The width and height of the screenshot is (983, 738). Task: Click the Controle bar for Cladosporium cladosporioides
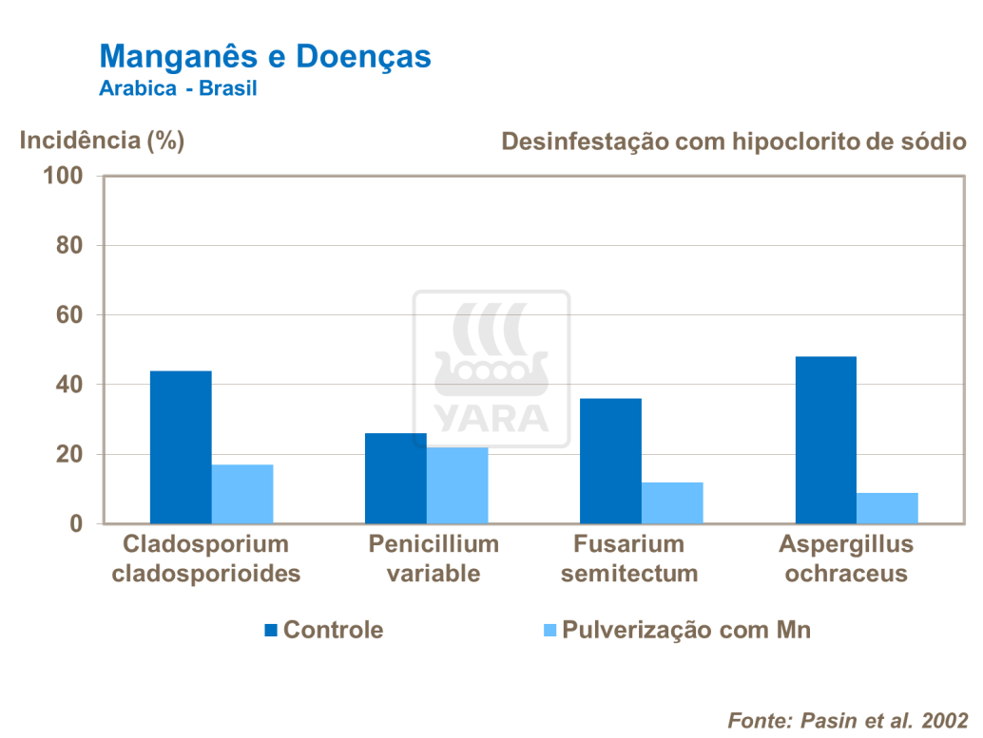click(181, 447)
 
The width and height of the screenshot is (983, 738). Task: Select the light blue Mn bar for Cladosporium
click(242, 494)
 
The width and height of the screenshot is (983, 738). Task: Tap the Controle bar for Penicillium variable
click(395, 479)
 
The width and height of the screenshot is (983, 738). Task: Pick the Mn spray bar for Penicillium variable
click(457, 485)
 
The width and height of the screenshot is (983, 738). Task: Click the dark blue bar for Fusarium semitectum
click(610, 461)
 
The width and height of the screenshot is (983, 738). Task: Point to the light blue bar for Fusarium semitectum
click(672, 503)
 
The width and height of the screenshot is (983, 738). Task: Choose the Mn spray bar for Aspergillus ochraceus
click(887, 508)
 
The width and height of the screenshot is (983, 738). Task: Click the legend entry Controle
click(323, 630)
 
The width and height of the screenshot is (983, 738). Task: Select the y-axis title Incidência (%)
click(103, 141)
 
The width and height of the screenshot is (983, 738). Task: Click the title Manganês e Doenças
click(265, 56)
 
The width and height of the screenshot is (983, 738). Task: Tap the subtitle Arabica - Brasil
click(178, 88)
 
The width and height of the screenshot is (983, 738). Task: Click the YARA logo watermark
click(491, 369)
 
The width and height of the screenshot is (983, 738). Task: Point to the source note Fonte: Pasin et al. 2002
click(847, 719)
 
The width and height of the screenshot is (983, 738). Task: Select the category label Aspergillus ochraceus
click(846, 558)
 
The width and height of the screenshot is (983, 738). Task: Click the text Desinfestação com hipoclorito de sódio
click(734, 142)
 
